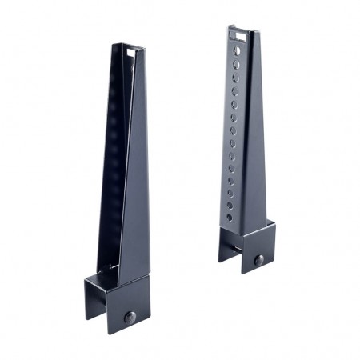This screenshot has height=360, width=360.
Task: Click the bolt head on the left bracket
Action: click(x=130, y=318)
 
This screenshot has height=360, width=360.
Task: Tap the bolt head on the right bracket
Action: click(x=258, y=260)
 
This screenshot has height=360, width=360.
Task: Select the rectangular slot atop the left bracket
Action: click(x=132, y=52)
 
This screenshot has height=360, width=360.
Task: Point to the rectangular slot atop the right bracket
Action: click(x=237, y=34)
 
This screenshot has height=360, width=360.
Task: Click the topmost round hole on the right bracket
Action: click(x=236, y=49)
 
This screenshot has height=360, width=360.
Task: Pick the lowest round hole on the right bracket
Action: click(x=229, y=217)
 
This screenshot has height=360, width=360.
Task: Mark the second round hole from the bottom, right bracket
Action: click(x=230, y=205)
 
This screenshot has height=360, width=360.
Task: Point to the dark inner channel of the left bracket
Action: click(x=116, y=160)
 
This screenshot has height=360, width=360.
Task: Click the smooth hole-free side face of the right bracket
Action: click(x=255, y=144)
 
